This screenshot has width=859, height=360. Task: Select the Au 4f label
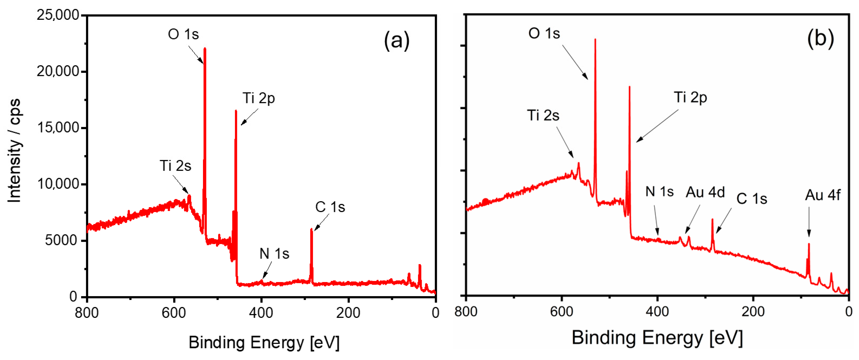point(822,195)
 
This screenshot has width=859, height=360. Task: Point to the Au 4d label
point(705,192)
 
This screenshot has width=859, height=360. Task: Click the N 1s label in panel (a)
point(274,254)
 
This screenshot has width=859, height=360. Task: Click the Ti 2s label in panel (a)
point(175,166)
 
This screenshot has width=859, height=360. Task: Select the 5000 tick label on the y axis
point(61,241)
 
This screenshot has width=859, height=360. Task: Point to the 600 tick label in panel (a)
point(174,313)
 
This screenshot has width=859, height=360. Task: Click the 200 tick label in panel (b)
point(753,312)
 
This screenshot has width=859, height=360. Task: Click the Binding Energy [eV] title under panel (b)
point(657,338)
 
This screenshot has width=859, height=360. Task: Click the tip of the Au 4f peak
point(809,244)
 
